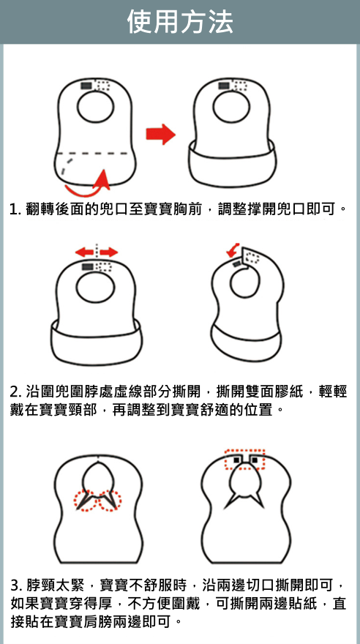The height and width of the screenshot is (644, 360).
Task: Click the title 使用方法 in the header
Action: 180,21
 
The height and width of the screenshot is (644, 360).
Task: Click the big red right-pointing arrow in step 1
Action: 160,135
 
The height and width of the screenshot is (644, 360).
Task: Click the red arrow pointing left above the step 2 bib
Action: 84,252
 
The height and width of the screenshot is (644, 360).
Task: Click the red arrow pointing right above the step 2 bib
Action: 109,252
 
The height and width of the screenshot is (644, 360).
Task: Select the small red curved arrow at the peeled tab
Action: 233,250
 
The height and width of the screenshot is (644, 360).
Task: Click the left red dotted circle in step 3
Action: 86,501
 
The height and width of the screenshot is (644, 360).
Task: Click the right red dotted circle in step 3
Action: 109,501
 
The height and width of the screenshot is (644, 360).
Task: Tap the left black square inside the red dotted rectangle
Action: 236,460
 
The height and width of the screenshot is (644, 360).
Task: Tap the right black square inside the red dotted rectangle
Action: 255,460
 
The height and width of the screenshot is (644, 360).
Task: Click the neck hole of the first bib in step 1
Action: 95,107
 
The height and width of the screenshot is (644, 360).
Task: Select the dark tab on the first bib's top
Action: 86,86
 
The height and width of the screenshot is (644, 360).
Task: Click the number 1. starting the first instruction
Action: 15,209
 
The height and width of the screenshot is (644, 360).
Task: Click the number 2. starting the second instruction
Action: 16,392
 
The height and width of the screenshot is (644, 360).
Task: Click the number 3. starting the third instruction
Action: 16,585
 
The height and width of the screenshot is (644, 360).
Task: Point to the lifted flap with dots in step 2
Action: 252,257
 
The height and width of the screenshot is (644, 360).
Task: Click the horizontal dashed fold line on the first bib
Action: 95,154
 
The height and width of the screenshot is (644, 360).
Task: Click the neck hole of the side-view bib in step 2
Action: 245,282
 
